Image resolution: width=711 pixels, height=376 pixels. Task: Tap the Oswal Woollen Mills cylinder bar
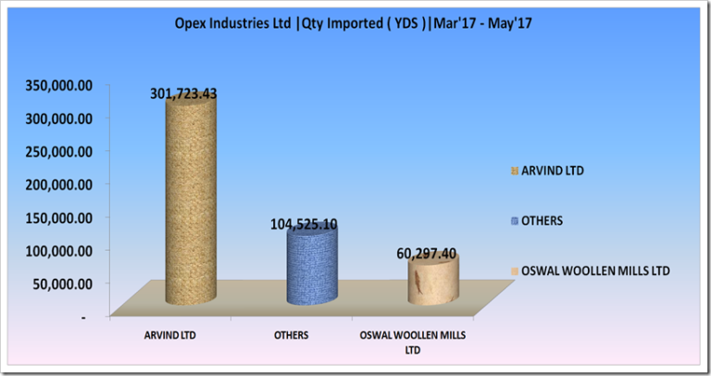click(x=433, y=280)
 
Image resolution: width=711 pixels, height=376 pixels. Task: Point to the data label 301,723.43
click(x=183, y=94)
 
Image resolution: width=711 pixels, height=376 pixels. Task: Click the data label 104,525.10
click(x=304, y=224)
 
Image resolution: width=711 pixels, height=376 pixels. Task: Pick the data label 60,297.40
click(x=426, y=254)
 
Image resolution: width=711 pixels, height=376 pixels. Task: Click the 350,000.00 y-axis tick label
click(x=59, y=85)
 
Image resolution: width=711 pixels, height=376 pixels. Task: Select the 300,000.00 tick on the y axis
click(x=59, y=119)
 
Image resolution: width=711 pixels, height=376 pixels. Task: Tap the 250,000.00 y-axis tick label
click(x=59, y=152)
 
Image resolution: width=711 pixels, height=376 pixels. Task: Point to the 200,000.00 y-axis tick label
click(x=59, y=184)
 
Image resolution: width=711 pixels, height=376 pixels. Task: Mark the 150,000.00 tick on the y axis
click(x=59, y=218)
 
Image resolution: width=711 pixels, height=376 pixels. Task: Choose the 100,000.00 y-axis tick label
click(x=59, y=251)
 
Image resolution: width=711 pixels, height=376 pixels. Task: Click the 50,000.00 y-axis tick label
click(x=62, y=284)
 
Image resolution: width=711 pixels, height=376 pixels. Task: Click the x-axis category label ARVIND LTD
click(x=170, y=335)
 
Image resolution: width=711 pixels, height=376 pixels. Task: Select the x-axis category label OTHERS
click(x=291, y=335)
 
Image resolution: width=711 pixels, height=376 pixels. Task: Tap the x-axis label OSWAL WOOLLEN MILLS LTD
click(x=413, y=343)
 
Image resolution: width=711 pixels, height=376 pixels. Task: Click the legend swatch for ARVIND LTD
click(x=514, y=171)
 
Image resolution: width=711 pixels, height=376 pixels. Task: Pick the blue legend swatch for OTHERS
click(x=514, y=221)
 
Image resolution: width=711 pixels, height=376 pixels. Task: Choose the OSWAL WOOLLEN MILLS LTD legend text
click(x=595, y=270)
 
